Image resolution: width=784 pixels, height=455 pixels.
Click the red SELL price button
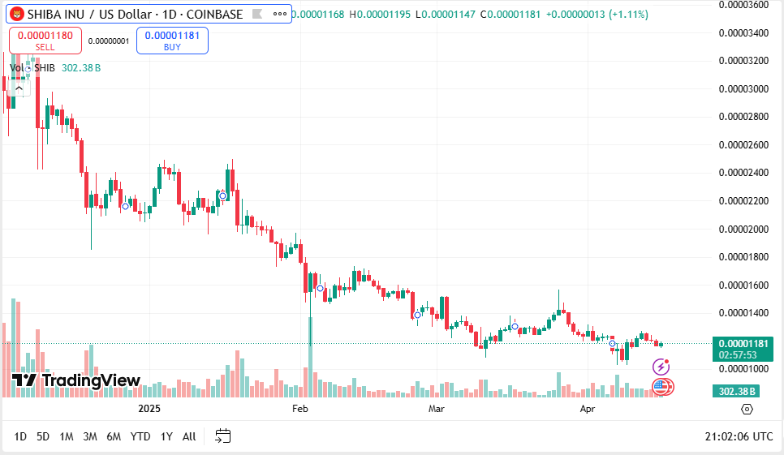point(45,41)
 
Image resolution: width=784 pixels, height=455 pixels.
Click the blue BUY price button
point(172,41)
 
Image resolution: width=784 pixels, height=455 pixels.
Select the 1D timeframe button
point(20,436)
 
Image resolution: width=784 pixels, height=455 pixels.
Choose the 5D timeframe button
point(43,436)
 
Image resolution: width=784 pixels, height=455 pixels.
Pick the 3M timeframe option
point(90,436)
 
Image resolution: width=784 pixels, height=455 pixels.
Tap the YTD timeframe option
point(140,436)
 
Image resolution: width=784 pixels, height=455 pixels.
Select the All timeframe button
point(189,436)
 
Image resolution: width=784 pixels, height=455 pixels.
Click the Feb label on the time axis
point(300,409)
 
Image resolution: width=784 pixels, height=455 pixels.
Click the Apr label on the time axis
point(588,409)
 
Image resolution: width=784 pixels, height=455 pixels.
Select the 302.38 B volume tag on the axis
point(738,391)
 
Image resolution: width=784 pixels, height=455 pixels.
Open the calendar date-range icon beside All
point(222,436)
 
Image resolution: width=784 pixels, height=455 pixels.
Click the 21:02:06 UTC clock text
point(739,436)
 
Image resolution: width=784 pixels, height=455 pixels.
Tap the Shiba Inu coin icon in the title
point(15,15)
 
